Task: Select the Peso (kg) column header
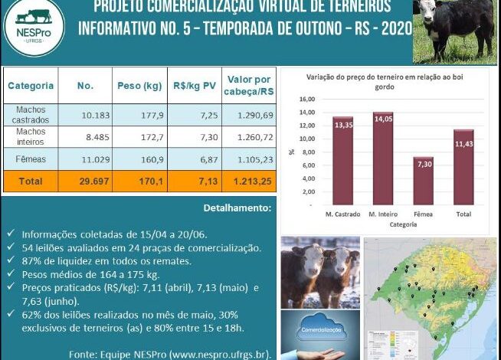pos(139,86)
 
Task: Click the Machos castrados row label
pos(31,115)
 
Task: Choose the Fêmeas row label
pos(31,159)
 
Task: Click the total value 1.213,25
pos(249,182)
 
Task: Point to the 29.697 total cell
pos(85,182)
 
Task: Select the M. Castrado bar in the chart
pos(342,161)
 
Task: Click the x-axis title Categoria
pos(403,226)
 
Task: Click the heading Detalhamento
pos(236,208)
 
